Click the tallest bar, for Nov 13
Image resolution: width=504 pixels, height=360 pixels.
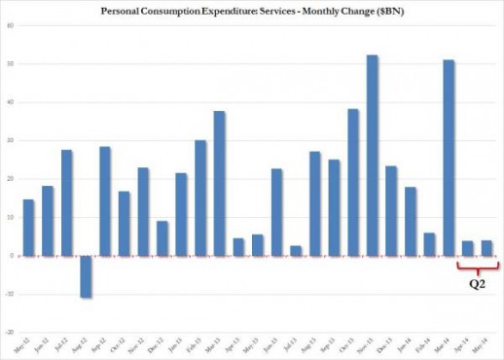372,156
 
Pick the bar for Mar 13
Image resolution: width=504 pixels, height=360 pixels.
219,183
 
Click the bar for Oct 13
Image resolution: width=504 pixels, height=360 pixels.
352,182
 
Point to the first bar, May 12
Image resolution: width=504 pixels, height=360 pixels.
28,228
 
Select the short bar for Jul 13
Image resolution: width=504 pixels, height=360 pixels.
295,251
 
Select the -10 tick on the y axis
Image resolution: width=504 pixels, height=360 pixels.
8,294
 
